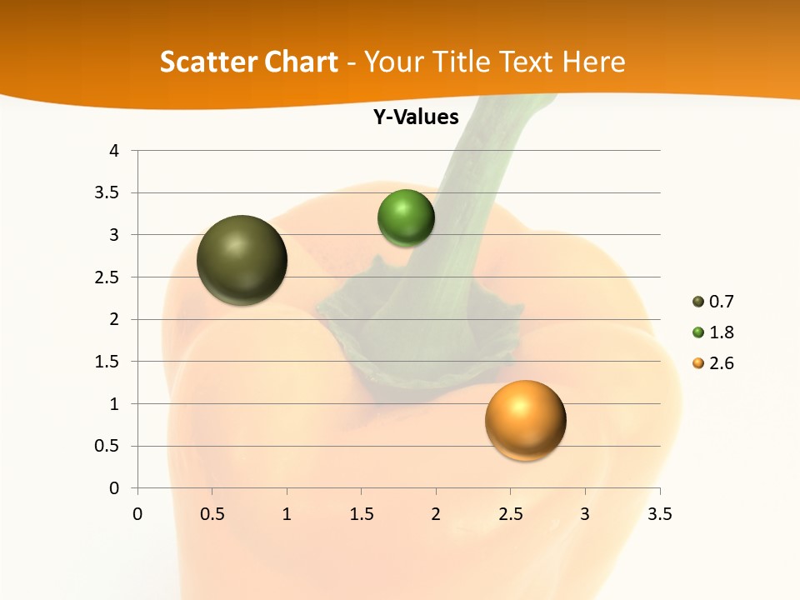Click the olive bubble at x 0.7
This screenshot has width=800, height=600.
242,260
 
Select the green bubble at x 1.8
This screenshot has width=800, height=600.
406,217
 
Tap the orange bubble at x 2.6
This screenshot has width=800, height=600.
525,420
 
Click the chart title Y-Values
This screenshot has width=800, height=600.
416,117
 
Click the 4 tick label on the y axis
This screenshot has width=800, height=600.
115,151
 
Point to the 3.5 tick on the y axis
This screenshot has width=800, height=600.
108,193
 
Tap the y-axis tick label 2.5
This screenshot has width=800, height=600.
108,277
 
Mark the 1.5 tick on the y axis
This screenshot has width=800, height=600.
108,362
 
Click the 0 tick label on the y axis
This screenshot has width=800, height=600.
115,488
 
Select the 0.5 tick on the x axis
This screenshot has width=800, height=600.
212,514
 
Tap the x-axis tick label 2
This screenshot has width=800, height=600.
436,514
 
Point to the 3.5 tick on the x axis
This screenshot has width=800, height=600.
659,514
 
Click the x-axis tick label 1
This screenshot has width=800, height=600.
287,514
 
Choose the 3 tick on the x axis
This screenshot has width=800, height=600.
585,514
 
